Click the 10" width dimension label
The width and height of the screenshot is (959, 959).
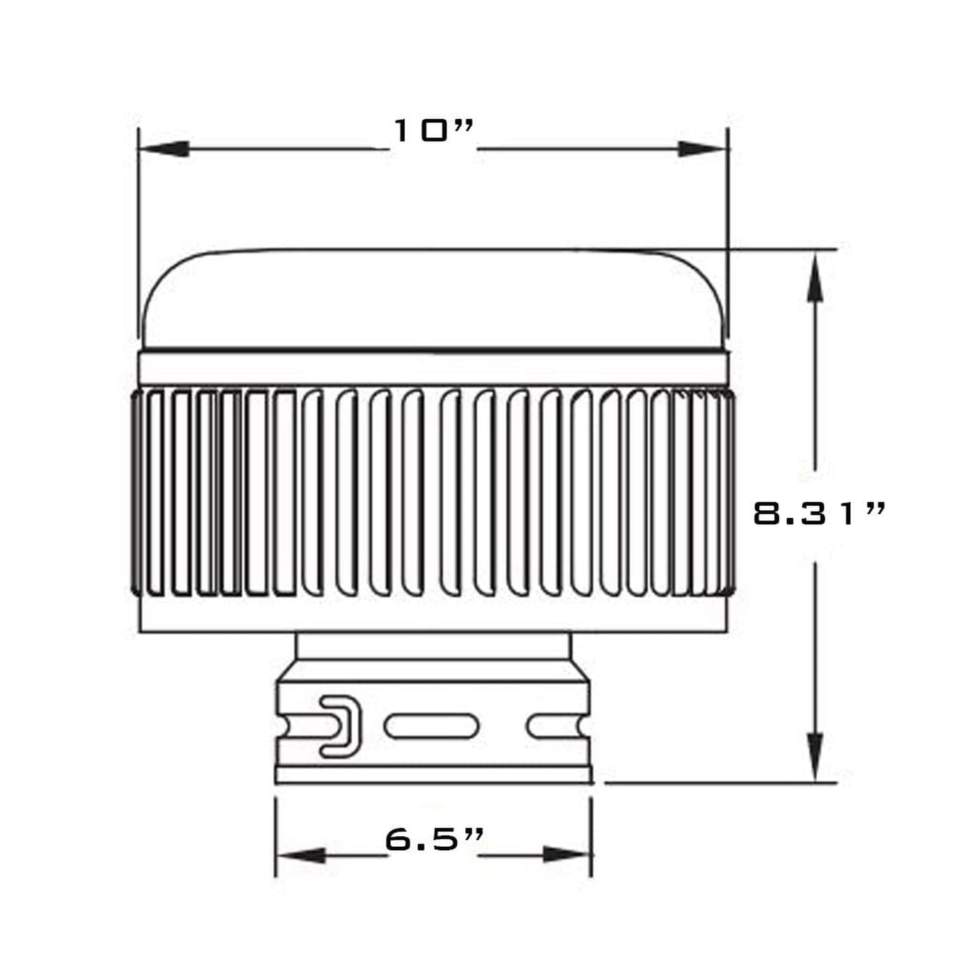(x=433, y=131)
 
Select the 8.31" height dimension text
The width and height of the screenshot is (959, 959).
(x=819, y=513)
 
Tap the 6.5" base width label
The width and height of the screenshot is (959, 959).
(x=433, y=840)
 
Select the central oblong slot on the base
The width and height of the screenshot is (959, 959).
(x=431, y=726)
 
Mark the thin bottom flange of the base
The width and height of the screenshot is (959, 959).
(x=433, y=775)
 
